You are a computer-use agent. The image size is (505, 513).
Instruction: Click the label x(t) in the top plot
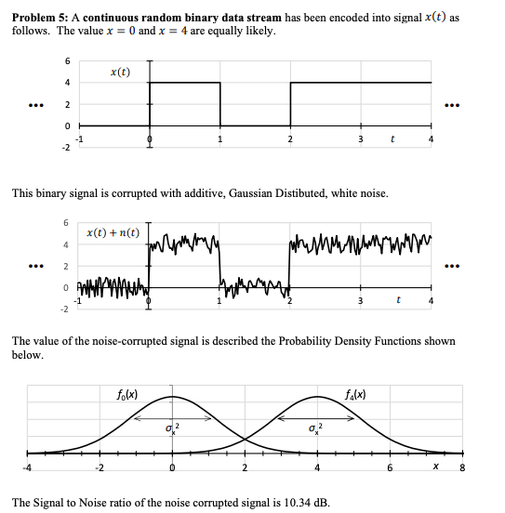120,72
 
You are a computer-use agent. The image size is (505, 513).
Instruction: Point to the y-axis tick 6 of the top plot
65,61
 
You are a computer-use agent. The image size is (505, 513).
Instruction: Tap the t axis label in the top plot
395,140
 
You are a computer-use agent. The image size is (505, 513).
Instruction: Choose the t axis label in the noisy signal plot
398,301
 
